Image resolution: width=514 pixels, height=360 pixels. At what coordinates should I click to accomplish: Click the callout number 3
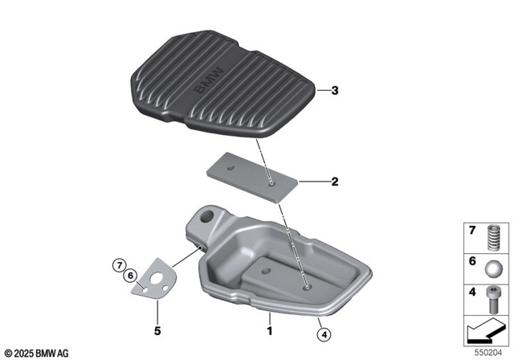pos(336,91)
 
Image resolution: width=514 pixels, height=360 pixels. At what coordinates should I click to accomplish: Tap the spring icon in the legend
pos(495,239)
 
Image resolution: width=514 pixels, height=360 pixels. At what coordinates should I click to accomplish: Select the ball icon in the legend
pos(495,268)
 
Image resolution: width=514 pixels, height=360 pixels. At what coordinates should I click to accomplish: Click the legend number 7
pos(474,231)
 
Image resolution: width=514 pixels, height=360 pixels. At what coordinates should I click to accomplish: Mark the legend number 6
pos(474,261)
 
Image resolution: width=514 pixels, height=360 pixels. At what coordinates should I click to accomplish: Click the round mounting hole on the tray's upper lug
pos(210,216)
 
